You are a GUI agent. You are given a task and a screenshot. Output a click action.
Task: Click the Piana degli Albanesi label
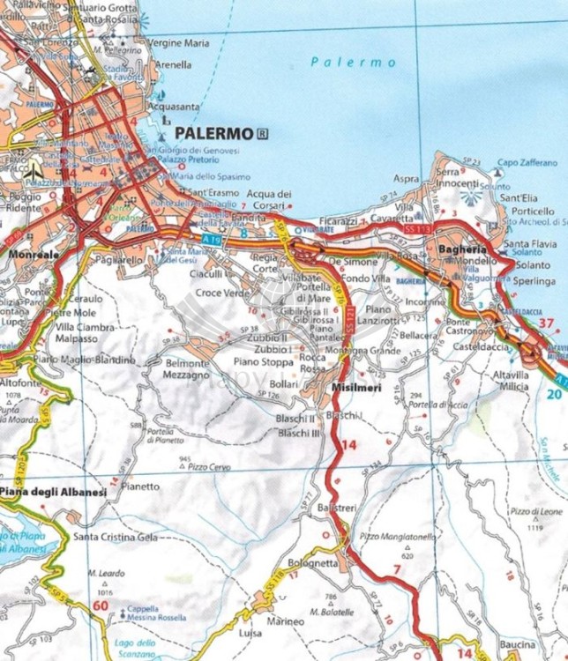[54, 492]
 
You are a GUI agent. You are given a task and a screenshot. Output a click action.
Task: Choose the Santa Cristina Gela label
[116, 537]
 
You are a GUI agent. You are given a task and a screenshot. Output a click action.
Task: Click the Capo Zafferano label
[527, 163]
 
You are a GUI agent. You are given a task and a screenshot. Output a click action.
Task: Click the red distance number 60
[101, 605]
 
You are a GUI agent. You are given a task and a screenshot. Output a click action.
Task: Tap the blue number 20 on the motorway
[552, 394]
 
